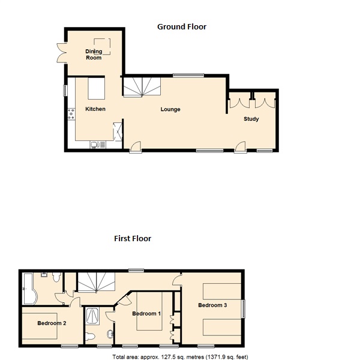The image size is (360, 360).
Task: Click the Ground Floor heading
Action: (x=182, y=27)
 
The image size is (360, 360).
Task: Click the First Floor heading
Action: (x=133, y=239)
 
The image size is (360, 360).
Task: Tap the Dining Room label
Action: (x=94, y=55)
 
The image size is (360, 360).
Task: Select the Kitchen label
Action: (x=95, y=109)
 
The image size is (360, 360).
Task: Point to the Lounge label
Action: (x=170, y=109)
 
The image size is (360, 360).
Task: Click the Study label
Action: (x=251, y=119)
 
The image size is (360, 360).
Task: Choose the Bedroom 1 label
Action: (x=146, y=314)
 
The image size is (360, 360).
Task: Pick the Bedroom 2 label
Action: (x=52, y=323)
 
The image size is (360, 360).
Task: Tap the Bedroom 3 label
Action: (x=212, y=305)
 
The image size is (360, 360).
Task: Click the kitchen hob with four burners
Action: (x=71, y=114)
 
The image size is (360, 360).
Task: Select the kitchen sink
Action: (x=98, y=145)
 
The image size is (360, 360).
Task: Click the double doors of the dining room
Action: (x=61, y=53)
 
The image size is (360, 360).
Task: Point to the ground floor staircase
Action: (x=142, y=86)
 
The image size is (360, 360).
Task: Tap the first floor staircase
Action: (x=97, y=282)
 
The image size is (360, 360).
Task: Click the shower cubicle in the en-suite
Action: (x=93, y=316)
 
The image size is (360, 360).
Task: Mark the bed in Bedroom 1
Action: (x=149, y=311)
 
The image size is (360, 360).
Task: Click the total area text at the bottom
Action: (x=180, y=357)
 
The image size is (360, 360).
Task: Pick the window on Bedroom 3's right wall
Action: (x=243, y=309)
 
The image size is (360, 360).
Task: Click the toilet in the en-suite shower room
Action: (x=90, y=337)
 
